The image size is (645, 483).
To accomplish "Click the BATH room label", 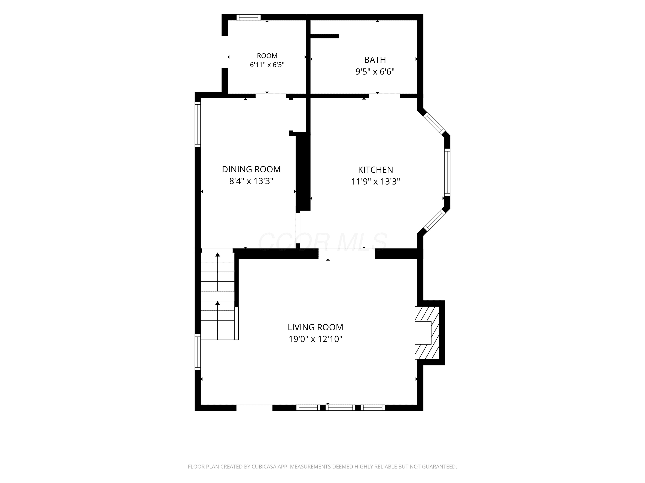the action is coord(375,60).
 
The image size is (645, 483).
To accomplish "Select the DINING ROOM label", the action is coord(251,169).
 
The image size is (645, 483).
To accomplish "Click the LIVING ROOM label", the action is coord(315,327).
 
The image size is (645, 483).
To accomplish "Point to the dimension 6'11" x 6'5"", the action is coord(267,65).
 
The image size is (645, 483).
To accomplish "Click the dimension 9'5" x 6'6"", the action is coord(375,72).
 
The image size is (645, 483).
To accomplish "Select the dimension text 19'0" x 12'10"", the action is coord(315,339).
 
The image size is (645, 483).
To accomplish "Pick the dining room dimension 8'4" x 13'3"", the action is coord(251,181).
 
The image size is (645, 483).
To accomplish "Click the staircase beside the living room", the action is coord(218,294).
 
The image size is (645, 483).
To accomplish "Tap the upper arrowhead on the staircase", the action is coord(218,254).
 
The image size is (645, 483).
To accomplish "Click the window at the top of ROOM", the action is coord(249,17).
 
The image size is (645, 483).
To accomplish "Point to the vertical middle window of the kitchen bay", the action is coord(447,172).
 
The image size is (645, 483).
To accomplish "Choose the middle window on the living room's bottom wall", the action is coord(341,408).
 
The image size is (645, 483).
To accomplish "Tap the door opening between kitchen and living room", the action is coord(347,254).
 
